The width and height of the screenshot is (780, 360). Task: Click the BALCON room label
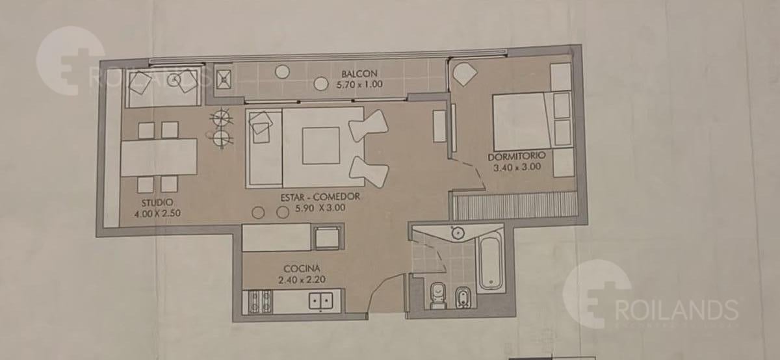pos(359,74)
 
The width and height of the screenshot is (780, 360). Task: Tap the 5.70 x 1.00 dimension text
pos(359,84)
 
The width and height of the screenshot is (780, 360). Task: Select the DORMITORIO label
pos(516,157)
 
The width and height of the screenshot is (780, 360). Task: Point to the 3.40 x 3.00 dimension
pos(517,167)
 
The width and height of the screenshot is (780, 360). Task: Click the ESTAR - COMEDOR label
pos(320,197)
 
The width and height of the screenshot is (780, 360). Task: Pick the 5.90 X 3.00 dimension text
pos(320,208)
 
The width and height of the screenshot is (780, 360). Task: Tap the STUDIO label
pos(157,202)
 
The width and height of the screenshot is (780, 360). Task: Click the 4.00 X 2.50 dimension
pos(157,213)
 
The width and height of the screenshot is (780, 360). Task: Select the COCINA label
pos(302,269)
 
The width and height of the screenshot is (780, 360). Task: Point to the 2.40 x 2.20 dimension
pos(302,279)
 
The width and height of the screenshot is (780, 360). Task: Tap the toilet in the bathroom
pos(437,296)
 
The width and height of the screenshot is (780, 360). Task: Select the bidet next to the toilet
pos(463,298)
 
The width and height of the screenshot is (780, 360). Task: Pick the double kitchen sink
pos(320,301)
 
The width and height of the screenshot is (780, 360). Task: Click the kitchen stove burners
pos(260,302)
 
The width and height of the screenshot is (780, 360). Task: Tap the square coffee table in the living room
pos(320,146)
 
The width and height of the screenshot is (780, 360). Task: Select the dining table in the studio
pos(159,157)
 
